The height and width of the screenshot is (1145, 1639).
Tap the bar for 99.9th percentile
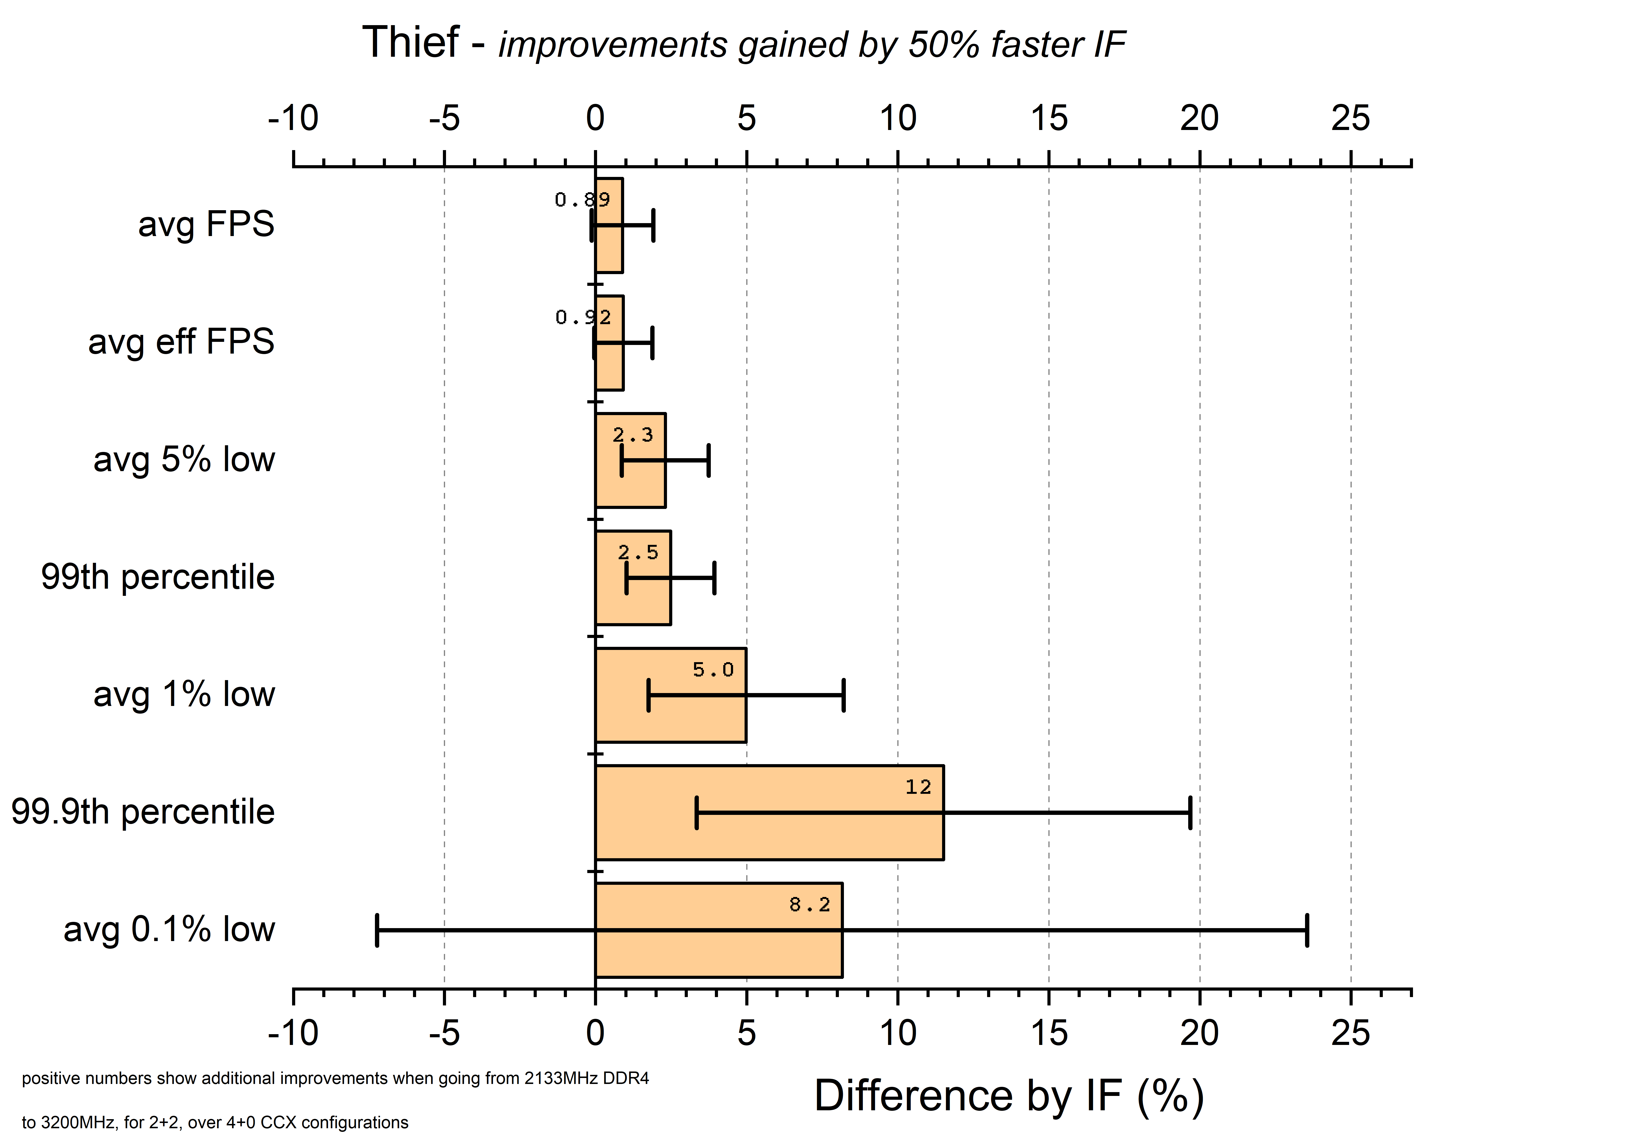coord(769,812)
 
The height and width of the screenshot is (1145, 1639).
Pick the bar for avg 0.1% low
coord(719,930)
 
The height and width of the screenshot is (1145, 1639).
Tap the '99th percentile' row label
coord(158,577)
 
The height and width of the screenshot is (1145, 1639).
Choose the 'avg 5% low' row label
coord(184,459)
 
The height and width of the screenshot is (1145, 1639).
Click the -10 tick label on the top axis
coord(293,118)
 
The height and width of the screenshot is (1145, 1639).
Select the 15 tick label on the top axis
coord(1049,118)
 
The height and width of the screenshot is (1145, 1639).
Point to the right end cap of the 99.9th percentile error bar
coord(1190,812)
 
